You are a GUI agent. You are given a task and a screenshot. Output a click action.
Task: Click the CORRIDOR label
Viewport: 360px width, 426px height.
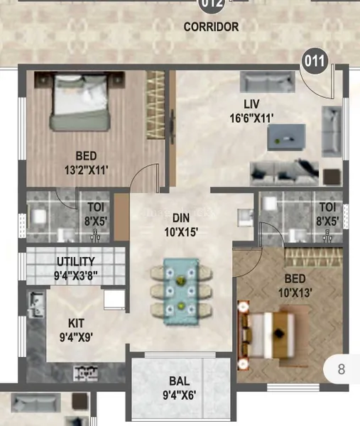211,27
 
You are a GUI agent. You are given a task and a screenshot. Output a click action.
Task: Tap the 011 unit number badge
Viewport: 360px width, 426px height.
315,61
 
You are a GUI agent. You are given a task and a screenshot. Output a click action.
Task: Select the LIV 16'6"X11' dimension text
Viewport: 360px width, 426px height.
251,118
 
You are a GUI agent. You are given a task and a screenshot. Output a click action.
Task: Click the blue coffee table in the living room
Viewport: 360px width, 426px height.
286,137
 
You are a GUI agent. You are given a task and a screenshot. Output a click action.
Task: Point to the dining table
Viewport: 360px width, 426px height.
181,291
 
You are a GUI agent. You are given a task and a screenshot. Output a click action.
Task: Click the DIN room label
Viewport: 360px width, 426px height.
181,218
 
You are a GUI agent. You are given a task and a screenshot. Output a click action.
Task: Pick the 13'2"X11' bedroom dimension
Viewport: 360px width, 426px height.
86,170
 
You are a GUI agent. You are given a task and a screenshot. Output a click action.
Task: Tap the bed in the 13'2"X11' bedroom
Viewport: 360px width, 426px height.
80,102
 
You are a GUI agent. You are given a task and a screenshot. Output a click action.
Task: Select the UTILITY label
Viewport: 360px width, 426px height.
76,261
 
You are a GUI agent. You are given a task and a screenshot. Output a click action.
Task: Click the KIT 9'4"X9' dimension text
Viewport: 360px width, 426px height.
76,337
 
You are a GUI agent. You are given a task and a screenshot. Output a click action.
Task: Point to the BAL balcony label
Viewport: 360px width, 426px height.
180,381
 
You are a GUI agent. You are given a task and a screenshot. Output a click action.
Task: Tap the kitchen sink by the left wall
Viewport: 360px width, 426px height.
36,305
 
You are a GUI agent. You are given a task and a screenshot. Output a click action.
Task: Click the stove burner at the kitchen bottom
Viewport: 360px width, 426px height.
85,373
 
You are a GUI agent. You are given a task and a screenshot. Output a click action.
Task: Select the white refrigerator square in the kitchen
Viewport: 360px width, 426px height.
114,300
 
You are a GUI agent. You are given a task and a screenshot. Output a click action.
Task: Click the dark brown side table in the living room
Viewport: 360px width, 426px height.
332,177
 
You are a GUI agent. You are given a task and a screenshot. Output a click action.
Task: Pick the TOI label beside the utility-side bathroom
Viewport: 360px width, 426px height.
96,207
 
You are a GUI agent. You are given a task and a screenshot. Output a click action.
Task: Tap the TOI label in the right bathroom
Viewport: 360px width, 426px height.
327,207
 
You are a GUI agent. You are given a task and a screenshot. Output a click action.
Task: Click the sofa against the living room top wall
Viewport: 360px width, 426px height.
268,82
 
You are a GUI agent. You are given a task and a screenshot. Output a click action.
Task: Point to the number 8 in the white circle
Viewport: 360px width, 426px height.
342,369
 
